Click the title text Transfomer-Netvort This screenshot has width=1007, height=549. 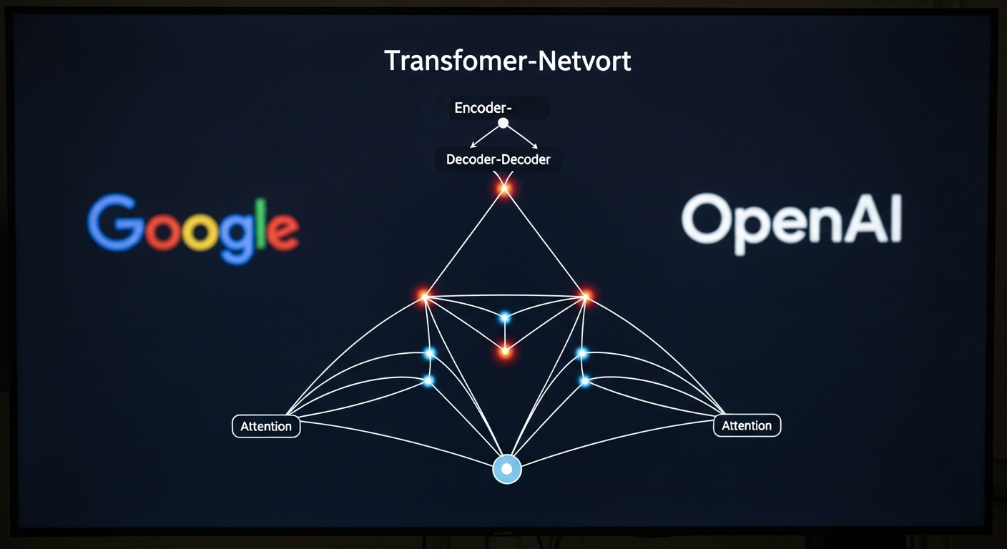click(507, 61)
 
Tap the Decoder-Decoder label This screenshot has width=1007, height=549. click(498, 159)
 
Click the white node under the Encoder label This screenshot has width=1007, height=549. click(503, 123)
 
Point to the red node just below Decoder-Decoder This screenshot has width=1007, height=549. click(504, 189)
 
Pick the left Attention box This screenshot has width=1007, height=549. click(266, 427)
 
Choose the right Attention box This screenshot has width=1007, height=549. click(747, 426)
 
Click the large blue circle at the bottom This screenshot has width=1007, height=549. click(507, 470)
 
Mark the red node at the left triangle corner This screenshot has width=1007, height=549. click(424, 295)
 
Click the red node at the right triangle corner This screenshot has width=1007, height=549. click(586, 295)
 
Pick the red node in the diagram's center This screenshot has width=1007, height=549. click(505, 351)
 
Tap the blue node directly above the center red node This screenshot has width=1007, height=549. click(505, 317)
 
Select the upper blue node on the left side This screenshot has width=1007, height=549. click(430, 353)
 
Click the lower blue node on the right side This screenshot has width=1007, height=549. click(584, 381)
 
